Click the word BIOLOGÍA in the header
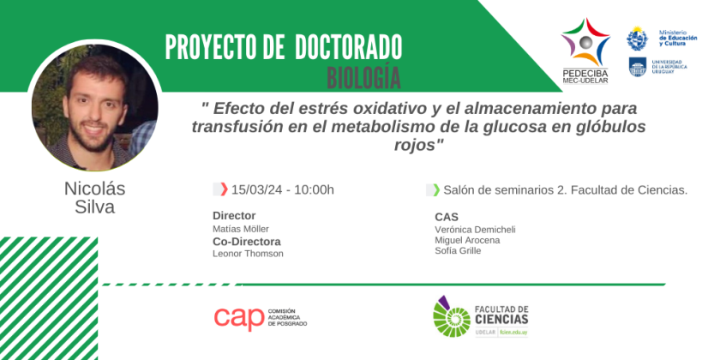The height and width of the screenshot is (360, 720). (x=363, y=77)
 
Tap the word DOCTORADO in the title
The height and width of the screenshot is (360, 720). (x=349, y=47)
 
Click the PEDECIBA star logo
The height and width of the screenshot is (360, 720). (x=585, y=42)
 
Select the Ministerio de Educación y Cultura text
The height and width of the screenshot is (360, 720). (x=678, y=38)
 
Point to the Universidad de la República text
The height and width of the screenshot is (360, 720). (x=669, y=67)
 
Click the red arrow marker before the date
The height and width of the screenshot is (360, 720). (x=224, y=189)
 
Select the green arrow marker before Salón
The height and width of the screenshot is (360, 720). (x=436, y=189)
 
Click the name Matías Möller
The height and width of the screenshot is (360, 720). (x=241, y=229)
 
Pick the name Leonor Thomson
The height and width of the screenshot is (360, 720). (x=248, y=254)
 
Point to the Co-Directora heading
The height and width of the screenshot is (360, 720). (x=247, y=242)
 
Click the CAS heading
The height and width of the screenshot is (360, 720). (x=447, y=217)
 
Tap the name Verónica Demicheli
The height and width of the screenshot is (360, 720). (x=475, y=229)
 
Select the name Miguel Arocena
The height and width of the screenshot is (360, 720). (x=467, y=240)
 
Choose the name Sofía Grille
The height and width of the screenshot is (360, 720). (x=458, y=250)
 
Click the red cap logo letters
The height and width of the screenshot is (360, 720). (x=239, y=318)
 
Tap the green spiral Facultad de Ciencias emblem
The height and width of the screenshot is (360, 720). (x=452, y=317)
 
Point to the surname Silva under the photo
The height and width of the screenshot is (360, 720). (x=94, y=207)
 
